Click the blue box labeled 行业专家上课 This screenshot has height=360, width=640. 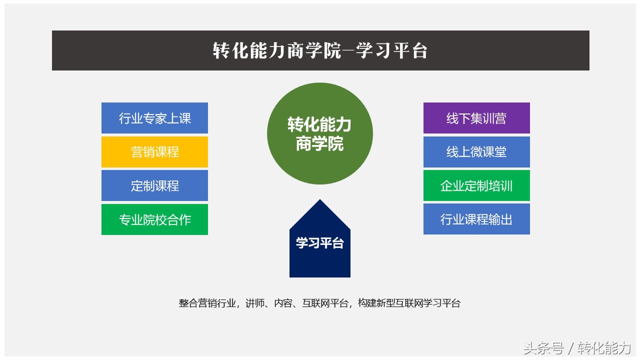[154, 118]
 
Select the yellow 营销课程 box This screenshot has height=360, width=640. [154, 152]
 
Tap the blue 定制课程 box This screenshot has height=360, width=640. [154, 185]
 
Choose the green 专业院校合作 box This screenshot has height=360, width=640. [154, 219]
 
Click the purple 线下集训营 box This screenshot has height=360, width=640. [476, 118]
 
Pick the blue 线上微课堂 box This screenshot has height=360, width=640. [476, 152]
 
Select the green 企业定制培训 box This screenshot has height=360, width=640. [476, 185]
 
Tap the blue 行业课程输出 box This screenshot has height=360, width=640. [476, 219]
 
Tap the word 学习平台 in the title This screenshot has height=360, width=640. [392, 51]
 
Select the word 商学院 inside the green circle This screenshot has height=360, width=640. [320, 144]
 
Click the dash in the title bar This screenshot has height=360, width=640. [348, 51]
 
